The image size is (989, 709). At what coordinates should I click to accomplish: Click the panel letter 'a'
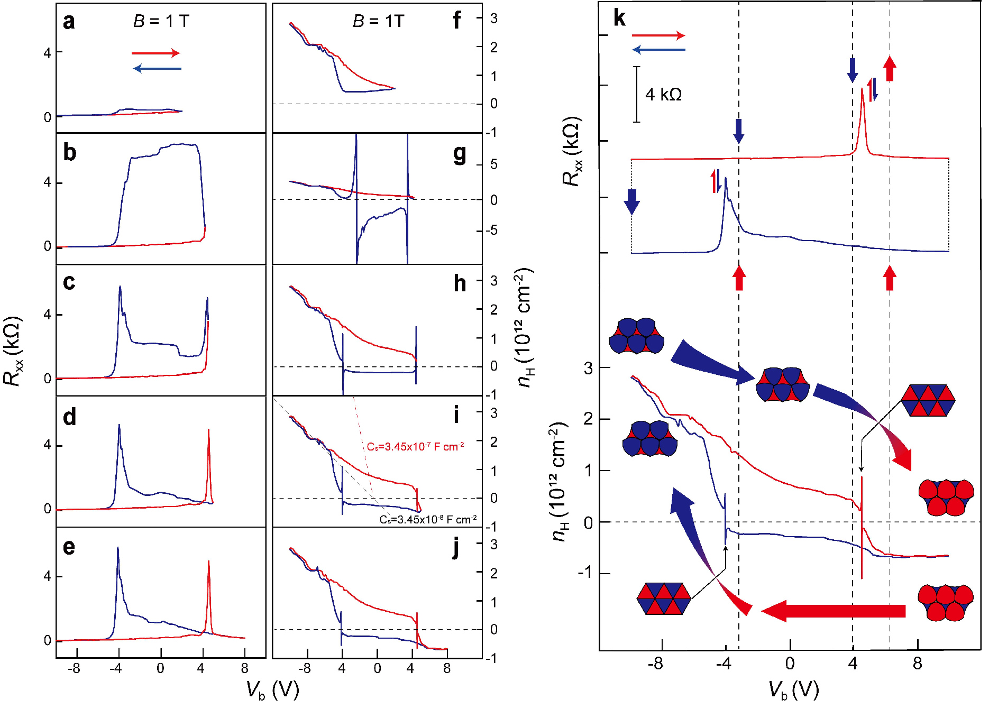69,22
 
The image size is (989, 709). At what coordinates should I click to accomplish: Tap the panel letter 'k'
619,19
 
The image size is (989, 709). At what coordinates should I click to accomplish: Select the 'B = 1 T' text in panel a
161,21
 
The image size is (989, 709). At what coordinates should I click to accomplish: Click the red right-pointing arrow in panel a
155,53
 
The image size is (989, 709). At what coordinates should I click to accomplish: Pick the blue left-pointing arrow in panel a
157,69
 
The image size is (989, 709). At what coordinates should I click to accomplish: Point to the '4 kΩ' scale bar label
663,95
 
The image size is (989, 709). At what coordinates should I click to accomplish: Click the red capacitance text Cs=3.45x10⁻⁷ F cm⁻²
415,447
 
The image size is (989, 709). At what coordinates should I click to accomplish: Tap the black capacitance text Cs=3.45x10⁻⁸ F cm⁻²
428,520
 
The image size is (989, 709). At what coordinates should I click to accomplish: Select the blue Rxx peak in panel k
726,182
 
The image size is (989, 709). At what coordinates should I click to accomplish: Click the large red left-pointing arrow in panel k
834,611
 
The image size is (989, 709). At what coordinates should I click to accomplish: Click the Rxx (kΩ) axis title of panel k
572,151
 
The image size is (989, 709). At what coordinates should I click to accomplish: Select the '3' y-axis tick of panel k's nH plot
588,368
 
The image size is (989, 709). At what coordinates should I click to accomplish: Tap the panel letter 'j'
456,548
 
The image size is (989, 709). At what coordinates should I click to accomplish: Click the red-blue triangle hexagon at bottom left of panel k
664,598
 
